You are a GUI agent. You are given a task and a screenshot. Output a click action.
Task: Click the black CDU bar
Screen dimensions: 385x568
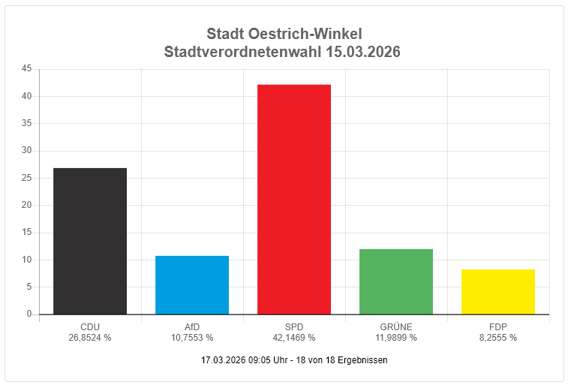click(89, 241)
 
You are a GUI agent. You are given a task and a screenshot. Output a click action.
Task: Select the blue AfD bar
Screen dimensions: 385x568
click(191, 284)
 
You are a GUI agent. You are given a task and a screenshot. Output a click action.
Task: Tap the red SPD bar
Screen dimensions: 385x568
click(293, 199)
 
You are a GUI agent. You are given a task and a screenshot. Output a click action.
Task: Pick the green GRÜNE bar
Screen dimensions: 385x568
click(395, 281)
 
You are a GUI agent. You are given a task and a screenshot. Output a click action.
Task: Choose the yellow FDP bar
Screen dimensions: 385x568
click(497, 291)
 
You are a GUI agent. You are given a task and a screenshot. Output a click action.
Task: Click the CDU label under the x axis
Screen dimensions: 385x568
click(89, 327)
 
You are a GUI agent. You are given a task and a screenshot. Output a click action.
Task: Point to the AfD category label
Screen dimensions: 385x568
click(191, 327)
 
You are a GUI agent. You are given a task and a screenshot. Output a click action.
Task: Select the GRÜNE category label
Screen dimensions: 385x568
click(395, 327)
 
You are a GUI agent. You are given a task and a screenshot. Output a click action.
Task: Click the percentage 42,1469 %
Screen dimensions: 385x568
click(293, 338)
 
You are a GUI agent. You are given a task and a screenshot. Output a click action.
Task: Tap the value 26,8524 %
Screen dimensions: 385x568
click(89, 338)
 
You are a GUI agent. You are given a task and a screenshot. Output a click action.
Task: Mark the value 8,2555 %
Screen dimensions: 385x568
click(497, 338)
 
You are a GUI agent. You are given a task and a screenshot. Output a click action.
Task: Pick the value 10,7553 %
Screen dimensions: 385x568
click(191, 338)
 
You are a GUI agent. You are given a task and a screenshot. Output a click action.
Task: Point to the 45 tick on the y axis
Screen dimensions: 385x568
click(26, 69)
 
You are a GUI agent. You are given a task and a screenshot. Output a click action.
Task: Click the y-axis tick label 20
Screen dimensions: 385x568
click(26, 205)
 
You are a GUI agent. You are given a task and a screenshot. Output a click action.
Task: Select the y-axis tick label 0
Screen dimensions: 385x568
click(29, 314)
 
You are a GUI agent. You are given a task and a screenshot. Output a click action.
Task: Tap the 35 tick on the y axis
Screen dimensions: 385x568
click(26, 123)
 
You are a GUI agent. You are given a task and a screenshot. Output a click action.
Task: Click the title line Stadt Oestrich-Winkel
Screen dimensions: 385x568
click(284, 34)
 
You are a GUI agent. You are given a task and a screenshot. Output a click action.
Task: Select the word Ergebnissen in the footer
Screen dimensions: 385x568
click(364, 360)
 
